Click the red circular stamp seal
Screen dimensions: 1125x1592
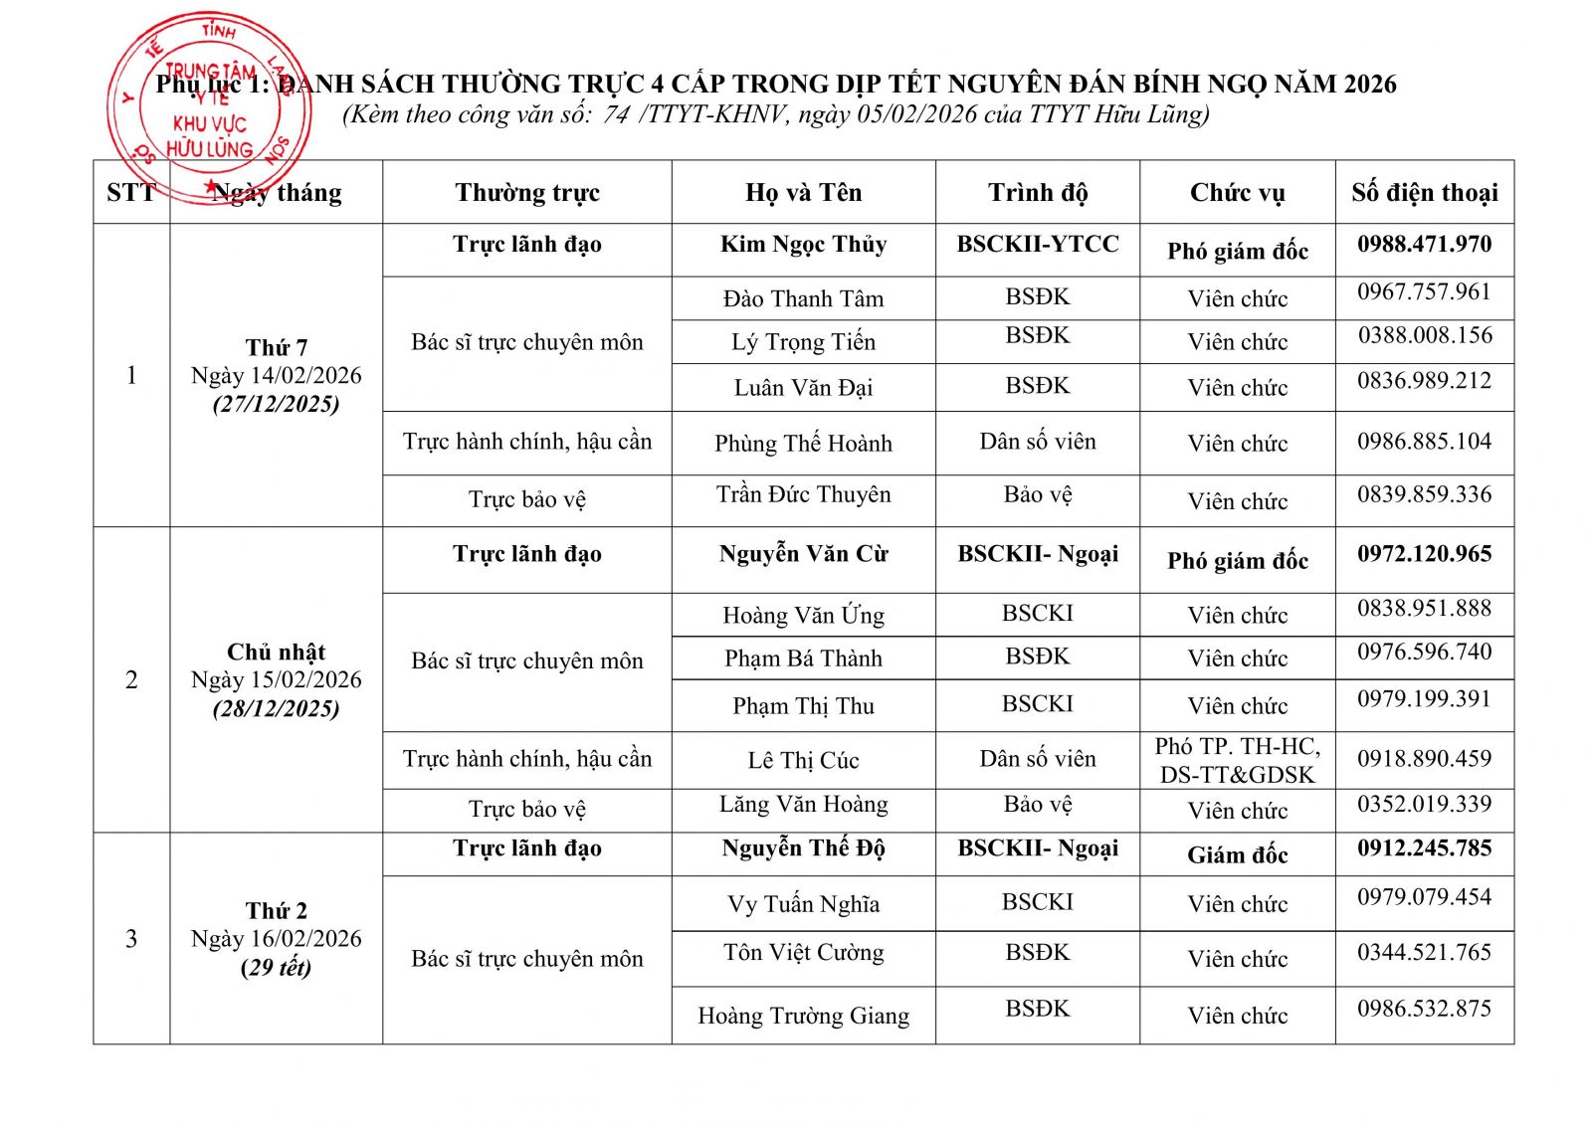click(209, 104)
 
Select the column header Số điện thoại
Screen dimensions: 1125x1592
click(1424, 192)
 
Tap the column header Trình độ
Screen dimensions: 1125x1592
click(1037, 192)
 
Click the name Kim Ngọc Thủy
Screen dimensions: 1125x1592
click(803, 245)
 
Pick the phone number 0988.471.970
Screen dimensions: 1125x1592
click(1424, 245)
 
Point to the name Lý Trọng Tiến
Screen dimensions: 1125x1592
click(803, 342)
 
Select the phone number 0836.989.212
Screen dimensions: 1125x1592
click(1424, 381)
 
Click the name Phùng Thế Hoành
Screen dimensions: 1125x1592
click(803, 444)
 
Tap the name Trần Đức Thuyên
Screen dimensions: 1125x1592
click(803, 495)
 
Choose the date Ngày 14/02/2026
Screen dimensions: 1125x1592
click(277, 376)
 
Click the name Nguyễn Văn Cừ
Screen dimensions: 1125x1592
click(803, 554)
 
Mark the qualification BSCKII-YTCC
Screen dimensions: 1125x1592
click(1037, 245)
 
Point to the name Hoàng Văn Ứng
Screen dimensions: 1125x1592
click(803, 616)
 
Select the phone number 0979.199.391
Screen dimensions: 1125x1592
click(1424, 699)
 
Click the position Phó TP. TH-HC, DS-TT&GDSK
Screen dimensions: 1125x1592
click(1237, 761)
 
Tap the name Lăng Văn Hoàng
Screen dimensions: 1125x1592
click(803, 805)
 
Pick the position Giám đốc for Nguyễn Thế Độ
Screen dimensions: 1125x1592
click(1237, 855)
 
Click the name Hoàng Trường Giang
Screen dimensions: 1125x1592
click(803, 1016)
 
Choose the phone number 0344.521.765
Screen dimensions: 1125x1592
click(1424, 953)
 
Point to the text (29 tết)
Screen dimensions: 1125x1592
click(277, 968)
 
